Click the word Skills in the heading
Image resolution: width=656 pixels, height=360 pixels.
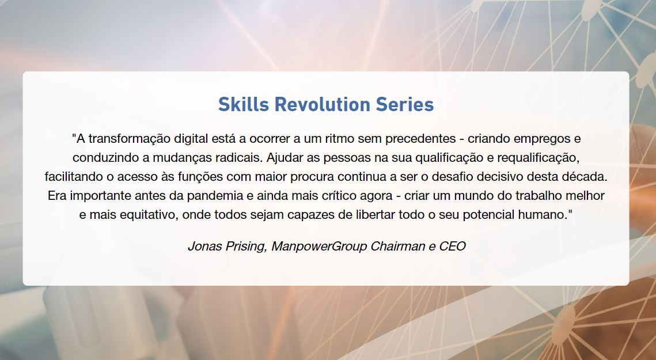pyautogui.click(x=244, y=104)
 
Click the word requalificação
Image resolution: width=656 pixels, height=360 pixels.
pyautogui.click(x=538, y=158)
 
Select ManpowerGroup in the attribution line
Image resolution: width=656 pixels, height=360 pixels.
pyautogui.click(x=319, y=246)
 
